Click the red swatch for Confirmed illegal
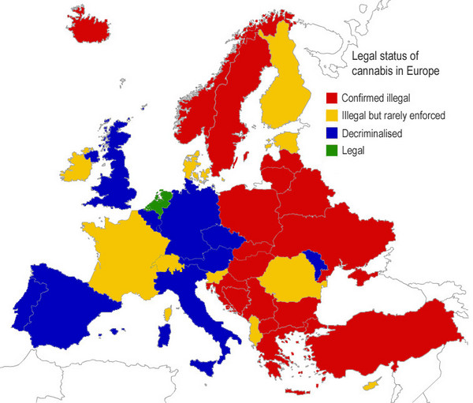tap(332, 99)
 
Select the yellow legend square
tap(332, 116)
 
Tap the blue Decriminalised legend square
tap(332, 133)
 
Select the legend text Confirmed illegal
tap(378, 99)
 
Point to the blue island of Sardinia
tap(164, 335)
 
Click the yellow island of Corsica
tap(167, 314)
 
